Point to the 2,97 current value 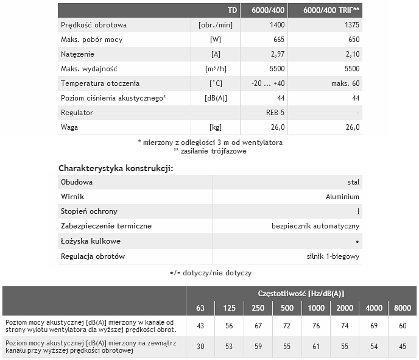coord(278,54)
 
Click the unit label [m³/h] coord(215,69)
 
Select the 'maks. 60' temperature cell coord(345,83)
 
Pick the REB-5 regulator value coord(272,113)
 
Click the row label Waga coord(69,127)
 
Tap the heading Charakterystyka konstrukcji coord(116,168)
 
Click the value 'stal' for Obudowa coord(353,182)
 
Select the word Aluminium coord(342,197)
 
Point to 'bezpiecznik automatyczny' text coord(315,226)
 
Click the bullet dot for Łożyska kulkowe coord(357,241)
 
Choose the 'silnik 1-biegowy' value coord(333,256)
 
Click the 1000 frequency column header coord(316,308)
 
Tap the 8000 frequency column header coord(403,308)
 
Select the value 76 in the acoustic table coord(316,325)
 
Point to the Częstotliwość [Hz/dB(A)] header coord(301,293)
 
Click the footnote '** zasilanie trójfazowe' coord(209,150)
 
